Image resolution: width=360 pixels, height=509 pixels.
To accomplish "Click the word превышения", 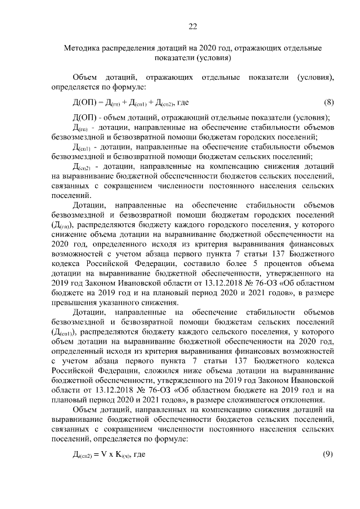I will click(x=75, y=304).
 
